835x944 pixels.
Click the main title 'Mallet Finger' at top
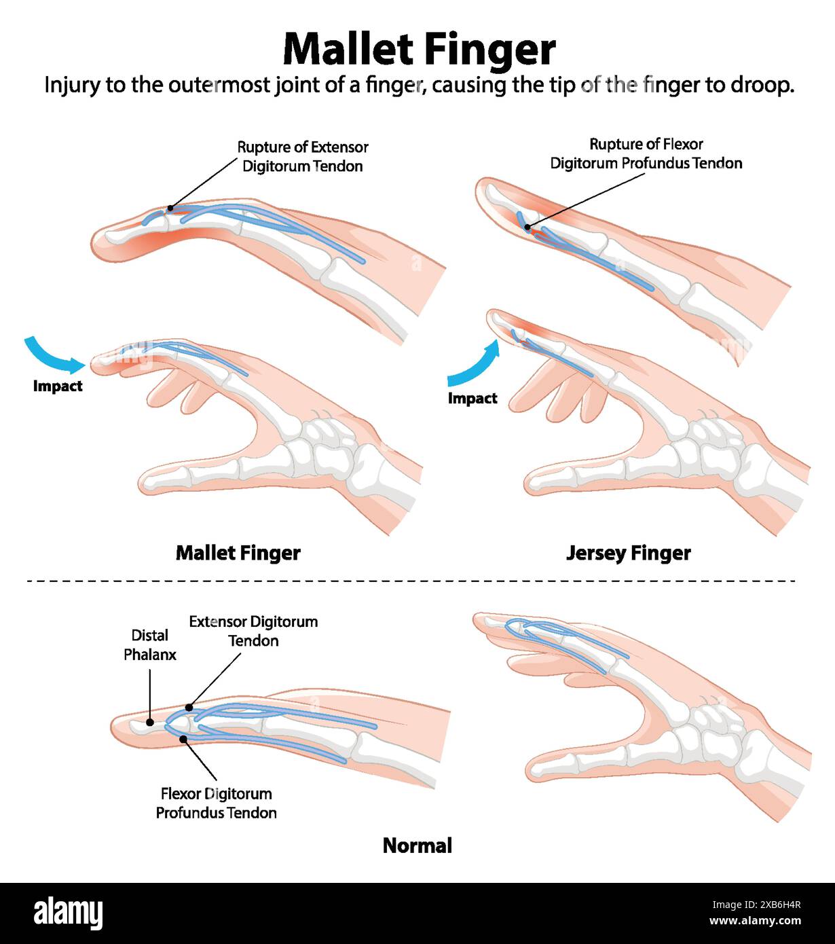coord(419,49)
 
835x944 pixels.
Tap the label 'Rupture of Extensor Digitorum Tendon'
coord(303,156)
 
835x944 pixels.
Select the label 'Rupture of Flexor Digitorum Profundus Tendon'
coord(646,153)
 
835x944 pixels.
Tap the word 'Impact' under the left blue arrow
coord(58,386)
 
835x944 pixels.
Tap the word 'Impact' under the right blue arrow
coord(472,398)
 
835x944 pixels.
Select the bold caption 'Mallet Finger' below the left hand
coord(238,553)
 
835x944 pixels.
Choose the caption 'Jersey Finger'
coord(628,553)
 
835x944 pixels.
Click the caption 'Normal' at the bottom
coord(417,846)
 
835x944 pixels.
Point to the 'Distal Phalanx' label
coord(149,645)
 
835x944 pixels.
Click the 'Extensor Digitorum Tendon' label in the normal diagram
coord(253,631)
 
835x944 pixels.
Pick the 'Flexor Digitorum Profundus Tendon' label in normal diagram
coord(216,803)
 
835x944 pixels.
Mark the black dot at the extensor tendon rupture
coord(170,208)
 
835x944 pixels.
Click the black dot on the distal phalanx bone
coord(149,722)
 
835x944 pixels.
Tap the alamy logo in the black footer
coord(68,913)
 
